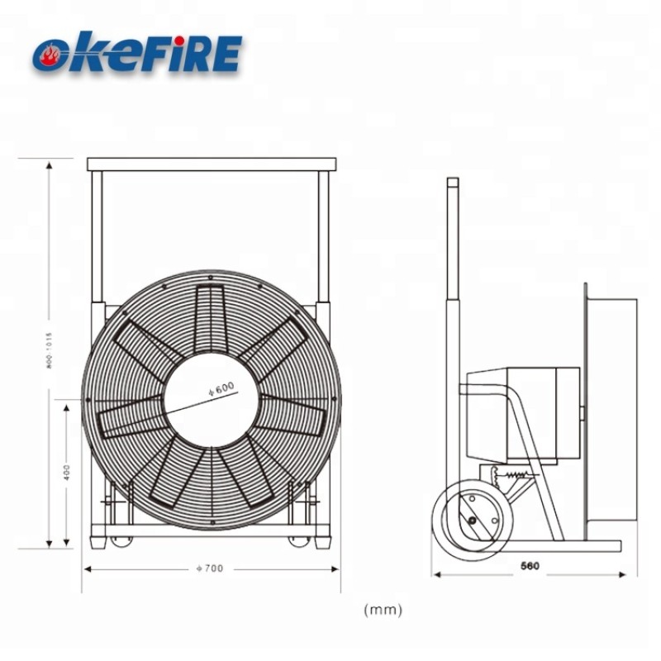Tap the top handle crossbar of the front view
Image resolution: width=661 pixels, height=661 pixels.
(211, 164)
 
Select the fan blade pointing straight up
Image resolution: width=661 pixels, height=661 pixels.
(212, 318)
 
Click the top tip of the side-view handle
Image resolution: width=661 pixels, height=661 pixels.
(453, 181)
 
